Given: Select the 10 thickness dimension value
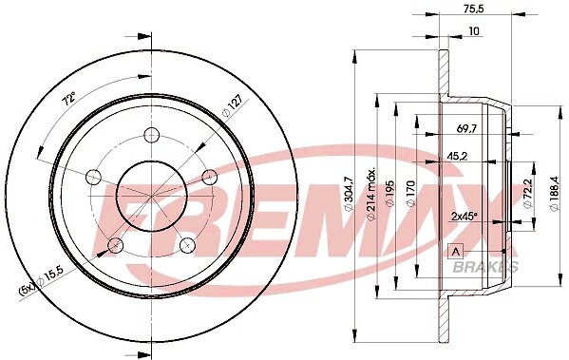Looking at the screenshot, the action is click(474, 31).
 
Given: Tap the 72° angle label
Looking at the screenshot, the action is click(68, 99).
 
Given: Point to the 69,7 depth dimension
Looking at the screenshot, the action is click(466, 128).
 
